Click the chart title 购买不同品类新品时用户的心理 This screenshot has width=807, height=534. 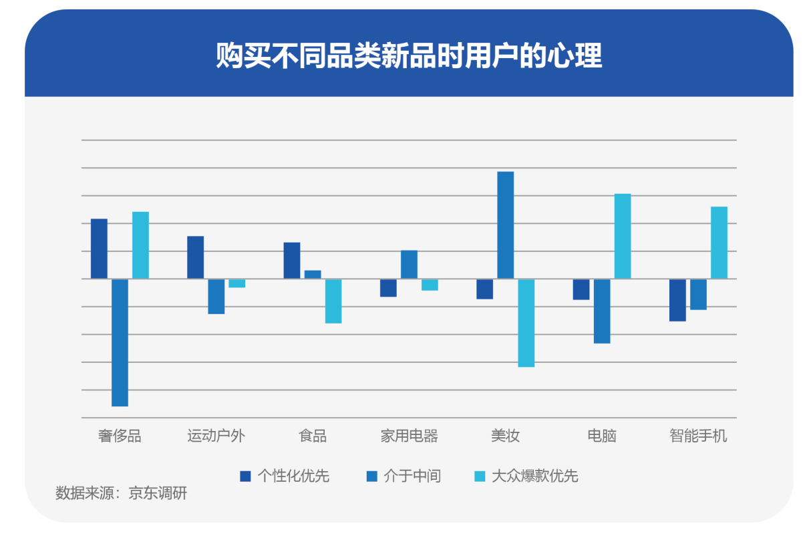pos(409,56)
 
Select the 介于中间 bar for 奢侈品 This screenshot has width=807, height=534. pos(120,342)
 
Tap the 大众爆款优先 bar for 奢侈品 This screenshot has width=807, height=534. pos(140,245)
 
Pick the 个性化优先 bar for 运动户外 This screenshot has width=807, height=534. pos(195,257)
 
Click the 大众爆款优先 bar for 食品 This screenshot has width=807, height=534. pos(333,301)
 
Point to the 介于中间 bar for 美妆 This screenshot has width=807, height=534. pos(505,225)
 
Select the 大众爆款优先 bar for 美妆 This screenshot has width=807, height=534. pos(526,323)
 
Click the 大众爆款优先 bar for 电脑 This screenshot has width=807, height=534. pos(622,236)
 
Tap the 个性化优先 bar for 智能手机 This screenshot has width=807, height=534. pos(677,300)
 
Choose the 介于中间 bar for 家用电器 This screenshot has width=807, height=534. pos(409,265)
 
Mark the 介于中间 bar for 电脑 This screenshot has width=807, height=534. pos(601,311)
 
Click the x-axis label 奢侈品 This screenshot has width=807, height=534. pos(120,436)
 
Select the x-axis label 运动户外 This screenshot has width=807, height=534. pos(216,436)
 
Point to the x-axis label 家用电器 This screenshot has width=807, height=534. pos(409,436)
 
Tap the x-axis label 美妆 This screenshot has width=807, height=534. pos(505,436)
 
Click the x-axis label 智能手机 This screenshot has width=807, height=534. pos(698,436)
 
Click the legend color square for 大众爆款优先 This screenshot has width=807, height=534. pos(480,477)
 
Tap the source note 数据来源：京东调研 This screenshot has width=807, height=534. pos(121,494)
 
